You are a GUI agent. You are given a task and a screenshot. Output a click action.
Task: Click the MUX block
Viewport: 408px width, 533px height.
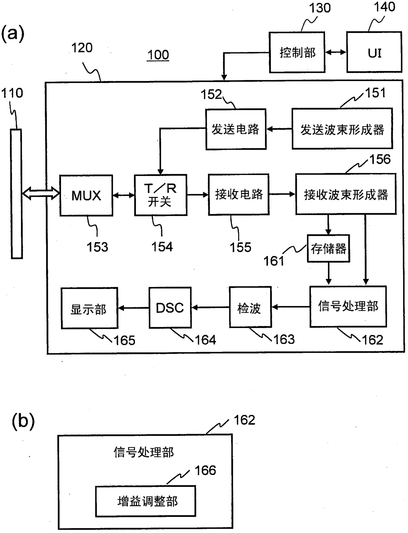point(86,195)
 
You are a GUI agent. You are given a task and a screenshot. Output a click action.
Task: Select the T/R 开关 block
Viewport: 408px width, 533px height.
point(161,195)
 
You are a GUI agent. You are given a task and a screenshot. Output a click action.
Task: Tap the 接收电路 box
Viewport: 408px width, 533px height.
point(239,194)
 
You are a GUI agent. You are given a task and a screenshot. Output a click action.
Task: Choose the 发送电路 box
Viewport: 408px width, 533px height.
point(236,129)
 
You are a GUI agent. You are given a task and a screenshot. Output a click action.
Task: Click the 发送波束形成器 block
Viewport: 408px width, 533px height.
point(342,128)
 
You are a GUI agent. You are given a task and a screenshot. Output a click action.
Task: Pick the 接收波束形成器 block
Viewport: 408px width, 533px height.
point(346,194)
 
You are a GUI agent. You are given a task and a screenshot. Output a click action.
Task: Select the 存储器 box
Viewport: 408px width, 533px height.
point(328,248)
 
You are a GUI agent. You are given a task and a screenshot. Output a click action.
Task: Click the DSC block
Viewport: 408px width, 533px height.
point(170,308)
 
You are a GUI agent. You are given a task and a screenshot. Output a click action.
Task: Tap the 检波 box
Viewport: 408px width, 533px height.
point(250,307)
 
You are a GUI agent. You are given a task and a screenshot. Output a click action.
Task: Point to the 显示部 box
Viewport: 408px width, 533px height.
point(89,308)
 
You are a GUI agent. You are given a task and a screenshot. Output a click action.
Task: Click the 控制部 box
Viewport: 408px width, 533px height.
point(297,52)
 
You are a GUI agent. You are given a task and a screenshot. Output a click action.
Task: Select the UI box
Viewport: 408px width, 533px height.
point(374,52)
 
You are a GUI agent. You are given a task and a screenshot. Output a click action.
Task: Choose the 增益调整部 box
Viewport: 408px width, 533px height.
point(145,501)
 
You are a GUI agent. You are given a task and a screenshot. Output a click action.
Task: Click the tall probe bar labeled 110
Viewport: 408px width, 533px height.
point(16,193)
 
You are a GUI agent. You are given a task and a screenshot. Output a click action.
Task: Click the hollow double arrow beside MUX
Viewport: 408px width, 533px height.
point(41,193)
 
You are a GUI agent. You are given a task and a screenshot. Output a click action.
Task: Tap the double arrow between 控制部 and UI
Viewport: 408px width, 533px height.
point(336,52)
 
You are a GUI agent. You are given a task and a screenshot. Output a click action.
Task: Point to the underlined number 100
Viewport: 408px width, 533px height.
point(158,55)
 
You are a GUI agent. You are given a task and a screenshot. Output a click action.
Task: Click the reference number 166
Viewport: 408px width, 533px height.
point(205,470)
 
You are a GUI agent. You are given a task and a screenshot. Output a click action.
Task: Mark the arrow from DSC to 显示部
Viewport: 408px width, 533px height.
point(133,308)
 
